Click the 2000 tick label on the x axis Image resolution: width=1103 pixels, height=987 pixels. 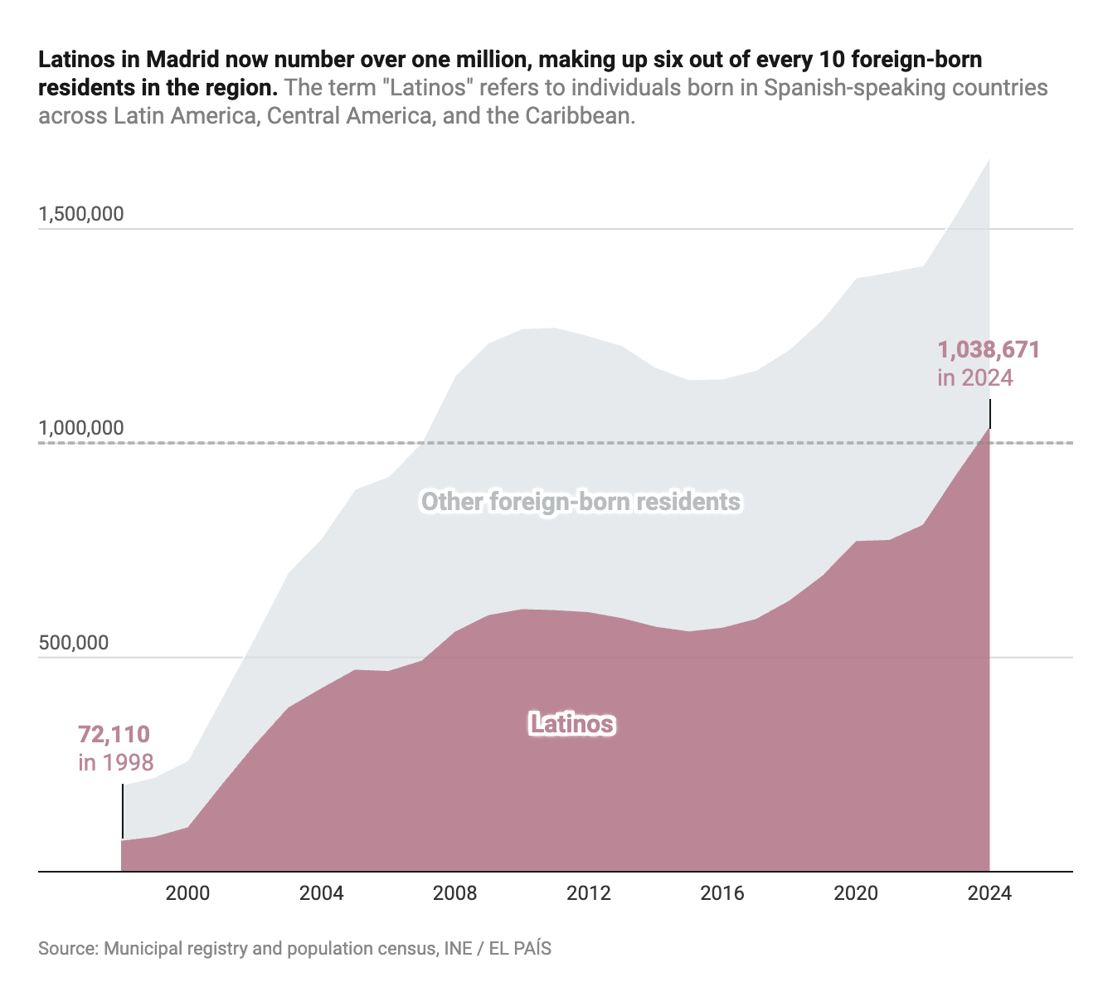[x=187, y=893]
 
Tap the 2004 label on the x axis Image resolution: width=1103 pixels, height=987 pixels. [x=321, y=893]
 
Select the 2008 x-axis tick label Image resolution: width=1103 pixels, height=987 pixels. [x=455, y=893]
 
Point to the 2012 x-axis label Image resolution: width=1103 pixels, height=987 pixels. [x=589, y=893]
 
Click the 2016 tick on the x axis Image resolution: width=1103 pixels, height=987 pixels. [x=722, y=893]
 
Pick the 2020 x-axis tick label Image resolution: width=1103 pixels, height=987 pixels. [x=856, y=893]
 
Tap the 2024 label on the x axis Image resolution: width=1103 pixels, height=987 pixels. [x=989, y=893]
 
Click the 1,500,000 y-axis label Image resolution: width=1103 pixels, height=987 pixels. [x=81, y=214]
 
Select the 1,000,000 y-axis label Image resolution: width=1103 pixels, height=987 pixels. [x=81, y=428]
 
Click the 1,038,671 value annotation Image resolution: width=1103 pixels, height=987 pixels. [x=989, y=350]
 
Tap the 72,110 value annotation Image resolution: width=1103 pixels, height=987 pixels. [x=114, y=734]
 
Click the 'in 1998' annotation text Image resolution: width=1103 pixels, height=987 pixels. [x=116, y=761]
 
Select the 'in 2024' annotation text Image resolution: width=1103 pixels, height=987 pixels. [x=975, y=377]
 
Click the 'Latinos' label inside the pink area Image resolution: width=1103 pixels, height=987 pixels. [x=571, y=724]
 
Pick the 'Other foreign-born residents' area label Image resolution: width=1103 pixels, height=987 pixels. [x=581, y=502]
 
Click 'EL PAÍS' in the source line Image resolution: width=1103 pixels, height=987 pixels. [x=520, y=948]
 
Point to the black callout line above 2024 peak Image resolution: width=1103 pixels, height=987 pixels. [x=989, y=413]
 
